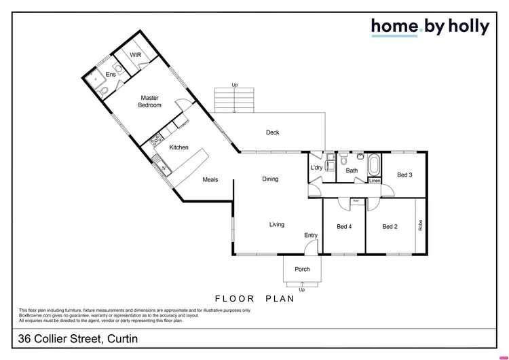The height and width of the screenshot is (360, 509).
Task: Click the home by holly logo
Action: click(x=430, y=26)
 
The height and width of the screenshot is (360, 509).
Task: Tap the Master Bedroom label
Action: click(x=149, y=102)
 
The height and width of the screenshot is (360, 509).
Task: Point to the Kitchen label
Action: click(x=178, y=147)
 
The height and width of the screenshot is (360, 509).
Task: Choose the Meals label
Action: click(x=210, y=179)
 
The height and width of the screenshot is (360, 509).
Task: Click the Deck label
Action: click(x=272, y=132)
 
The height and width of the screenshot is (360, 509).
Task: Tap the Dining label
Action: click(x=270, y=179)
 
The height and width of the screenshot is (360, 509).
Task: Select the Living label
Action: click(x=276, y=224)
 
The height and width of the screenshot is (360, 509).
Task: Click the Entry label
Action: click(x=310, y=235)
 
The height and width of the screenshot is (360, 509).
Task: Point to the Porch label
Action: click(x=302, y=269)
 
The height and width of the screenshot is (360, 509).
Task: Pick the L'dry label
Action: click(x=316, y=168)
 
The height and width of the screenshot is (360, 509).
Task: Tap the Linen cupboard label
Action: click(x=375, y=181)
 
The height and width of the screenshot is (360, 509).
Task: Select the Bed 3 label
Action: click(x=404, y=175)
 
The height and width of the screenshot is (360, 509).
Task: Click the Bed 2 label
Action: click(x=390, y=226)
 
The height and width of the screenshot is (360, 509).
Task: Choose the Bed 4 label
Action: click(x=344, y=226)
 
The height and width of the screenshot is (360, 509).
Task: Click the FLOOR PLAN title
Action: click(x=254, y=298)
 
